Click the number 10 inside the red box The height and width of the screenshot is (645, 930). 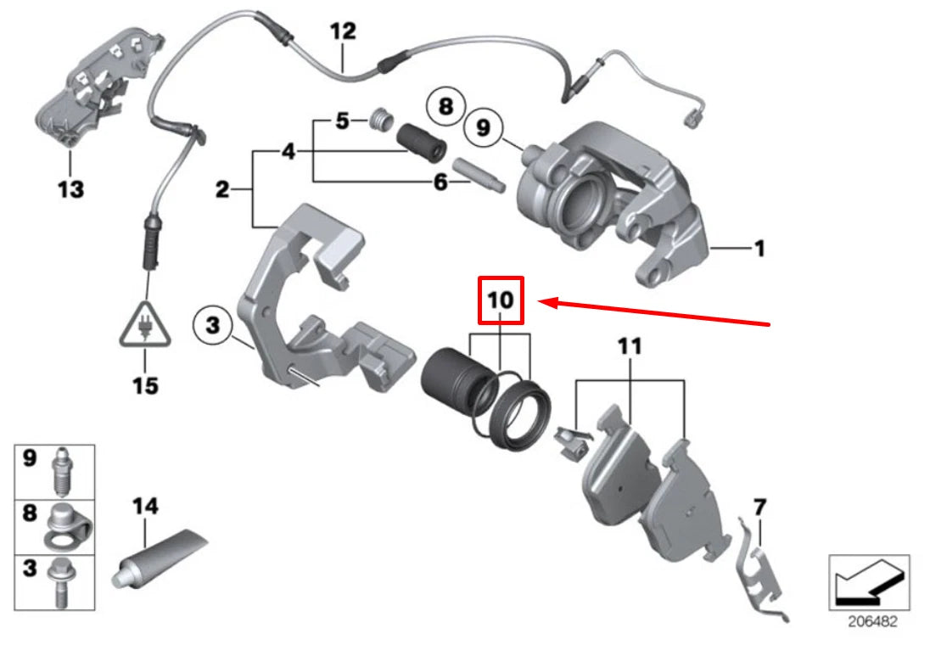click(501, 300)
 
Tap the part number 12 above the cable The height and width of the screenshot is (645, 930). click(343, 33)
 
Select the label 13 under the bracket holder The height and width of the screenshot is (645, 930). click(71, 188)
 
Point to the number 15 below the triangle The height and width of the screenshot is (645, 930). click(145, 385)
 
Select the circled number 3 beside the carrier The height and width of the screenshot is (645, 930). click(212, 323)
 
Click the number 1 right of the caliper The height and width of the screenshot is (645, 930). click(759, 248)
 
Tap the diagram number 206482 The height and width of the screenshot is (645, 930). click(869, 621)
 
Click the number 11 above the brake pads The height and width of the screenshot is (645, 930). click(630, 346)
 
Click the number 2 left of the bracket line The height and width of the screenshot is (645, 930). click(222, 189)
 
